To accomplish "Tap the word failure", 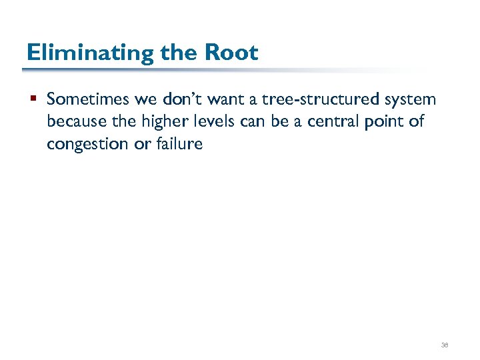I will (x=179, y=144).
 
